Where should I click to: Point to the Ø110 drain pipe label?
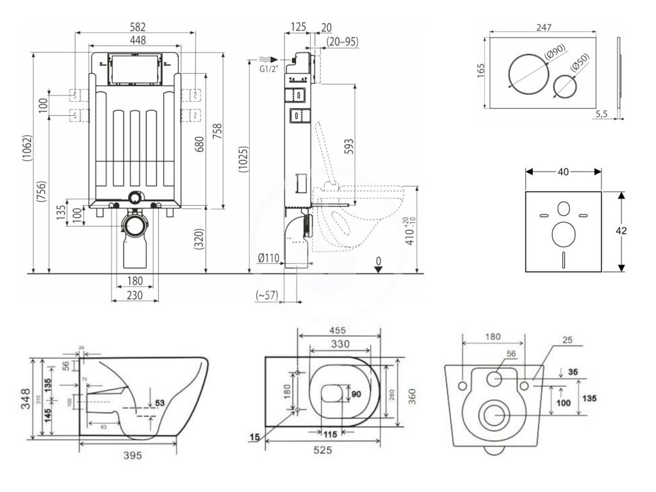point(267,259)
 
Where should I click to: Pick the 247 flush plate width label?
point(545,27)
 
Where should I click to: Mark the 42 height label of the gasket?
point(631,231)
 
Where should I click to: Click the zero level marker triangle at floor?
point(379,269)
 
